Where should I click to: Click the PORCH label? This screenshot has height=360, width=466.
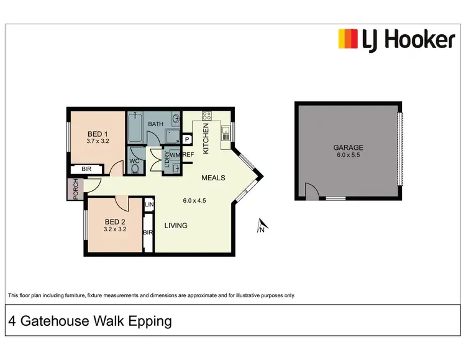click(x=75, y=190)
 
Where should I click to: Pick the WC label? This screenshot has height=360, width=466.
click(x=134, y=160)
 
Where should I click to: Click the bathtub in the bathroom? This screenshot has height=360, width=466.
click(x=135, y=127)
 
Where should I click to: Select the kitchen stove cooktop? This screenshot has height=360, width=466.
click(x=207, y=116)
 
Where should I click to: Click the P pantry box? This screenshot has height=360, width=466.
click(x=186, y=140)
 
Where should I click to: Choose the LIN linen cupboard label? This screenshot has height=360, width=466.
click(x=148, y=205)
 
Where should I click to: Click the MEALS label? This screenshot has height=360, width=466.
click(x=213, y=178)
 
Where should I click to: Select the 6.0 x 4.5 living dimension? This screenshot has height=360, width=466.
click(x=194, y=201)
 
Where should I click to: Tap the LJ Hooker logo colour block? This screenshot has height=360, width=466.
click(x=347, y=39)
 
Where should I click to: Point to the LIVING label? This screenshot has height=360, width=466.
click(x=176, y=226)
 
